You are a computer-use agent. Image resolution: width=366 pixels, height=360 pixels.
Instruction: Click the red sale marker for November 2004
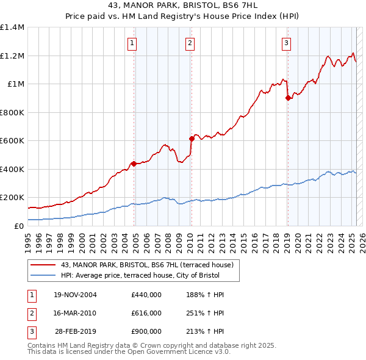[134, 164]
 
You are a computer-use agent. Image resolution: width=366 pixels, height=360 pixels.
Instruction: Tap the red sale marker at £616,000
[191, 139]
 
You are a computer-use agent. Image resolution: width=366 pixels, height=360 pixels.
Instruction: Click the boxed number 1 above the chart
[132, 43]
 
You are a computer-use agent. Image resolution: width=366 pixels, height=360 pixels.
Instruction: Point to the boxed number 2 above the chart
[190, 43]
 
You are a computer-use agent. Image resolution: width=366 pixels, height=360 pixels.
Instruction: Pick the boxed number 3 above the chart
[286, 43]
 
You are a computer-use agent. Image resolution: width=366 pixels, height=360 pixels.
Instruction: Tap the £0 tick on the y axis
[19, 226]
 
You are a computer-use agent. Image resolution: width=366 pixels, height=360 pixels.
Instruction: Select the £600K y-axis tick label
[12, 140]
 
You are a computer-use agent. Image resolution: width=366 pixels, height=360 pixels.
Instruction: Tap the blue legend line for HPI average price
[43, 276]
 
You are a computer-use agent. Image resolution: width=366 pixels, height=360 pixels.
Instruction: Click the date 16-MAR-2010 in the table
[75, 313]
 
